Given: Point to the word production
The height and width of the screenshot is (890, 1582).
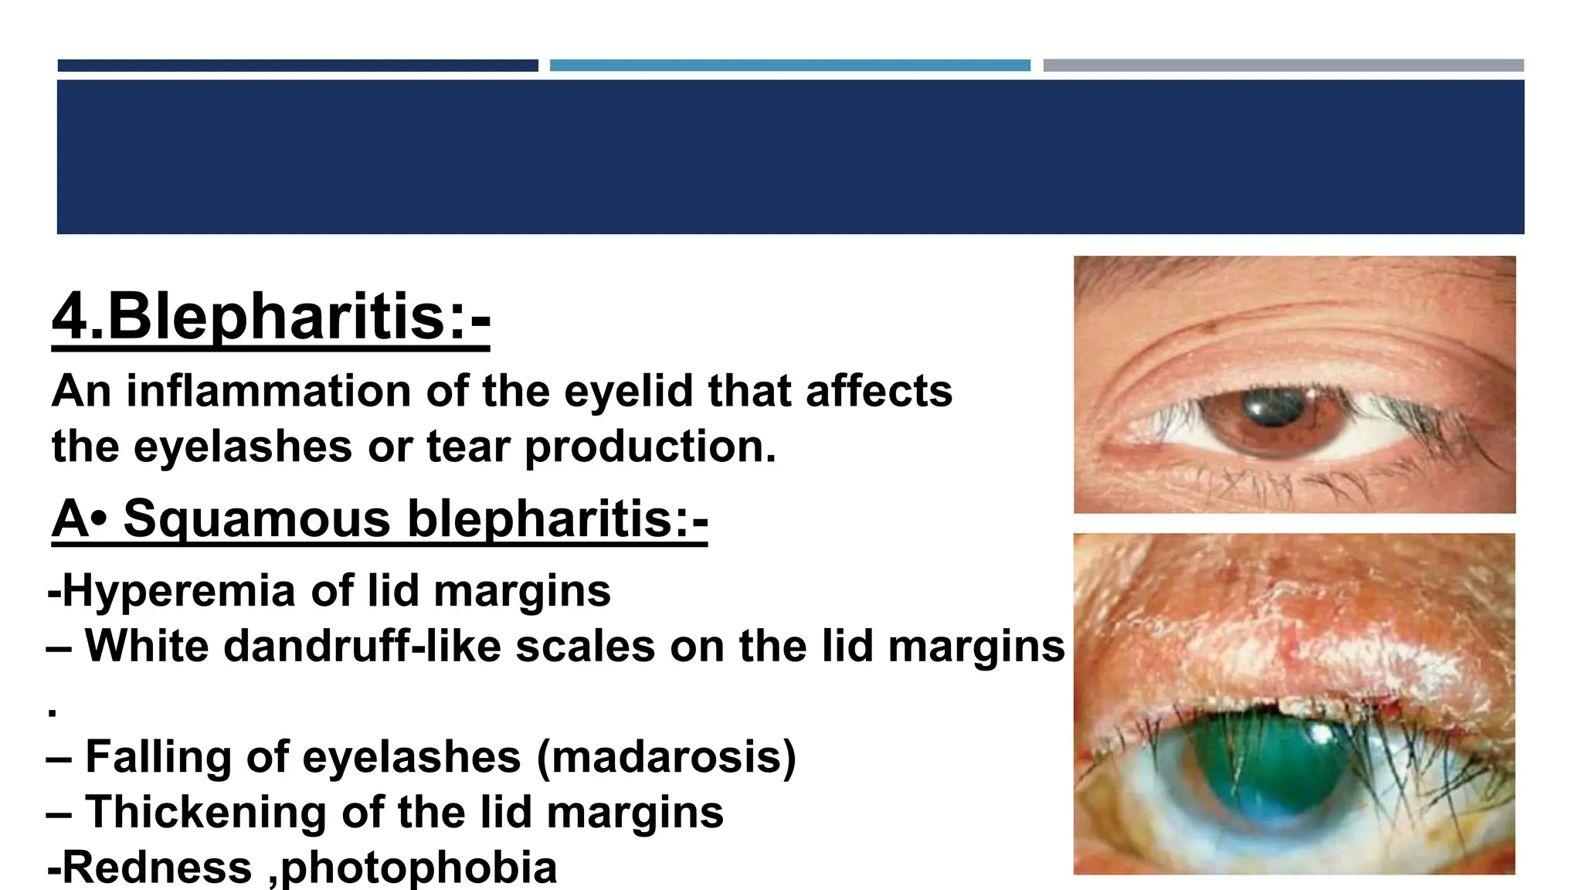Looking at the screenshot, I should coord(650,447).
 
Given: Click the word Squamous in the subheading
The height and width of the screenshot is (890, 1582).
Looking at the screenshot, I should coord(256,518).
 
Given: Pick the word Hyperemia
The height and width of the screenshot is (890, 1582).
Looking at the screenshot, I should coord(180,592).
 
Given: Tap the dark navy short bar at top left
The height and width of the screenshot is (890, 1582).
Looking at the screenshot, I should coord(297,66).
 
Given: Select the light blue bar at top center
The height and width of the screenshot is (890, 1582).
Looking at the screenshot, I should coord(789,66).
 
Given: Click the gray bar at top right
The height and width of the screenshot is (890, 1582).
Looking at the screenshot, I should coord(1283,66).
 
